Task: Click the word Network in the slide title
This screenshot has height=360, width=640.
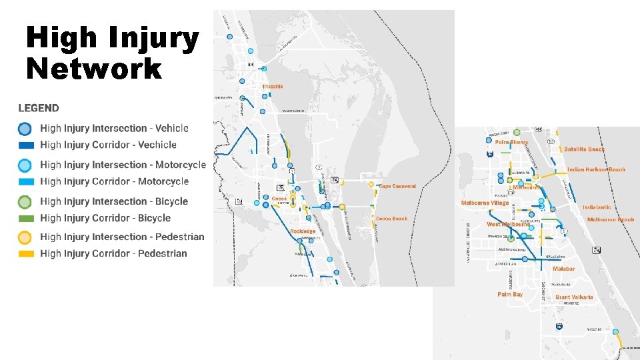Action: (x=93, y=68)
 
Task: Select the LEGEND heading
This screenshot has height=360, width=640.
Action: (x=39, y=108)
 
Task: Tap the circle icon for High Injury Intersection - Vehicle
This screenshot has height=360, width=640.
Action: (x=25, y=129)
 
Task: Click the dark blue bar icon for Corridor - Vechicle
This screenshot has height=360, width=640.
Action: (x=25, y=145)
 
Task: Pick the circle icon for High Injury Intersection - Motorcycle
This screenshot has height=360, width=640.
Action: (x=25, y=165)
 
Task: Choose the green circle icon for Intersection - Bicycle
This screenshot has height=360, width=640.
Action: (x=25, y=202)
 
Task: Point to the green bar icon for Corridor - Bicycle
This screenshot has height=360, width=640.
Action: (x=25, y=218)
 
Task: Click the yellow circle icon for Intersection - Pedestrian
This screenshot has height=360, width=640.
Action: (x=25, y=237)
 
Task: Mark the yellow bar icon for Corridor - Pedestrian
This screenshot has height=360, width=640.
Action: (x=25, y=253)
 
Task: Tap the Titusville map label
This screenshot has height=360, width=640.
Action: (x=273, y=87)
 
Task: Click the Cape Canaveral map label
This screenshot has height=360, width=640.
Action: (x=397, y=187)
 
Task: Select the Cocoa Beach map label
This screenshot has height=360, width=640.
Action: (x=391, y=219)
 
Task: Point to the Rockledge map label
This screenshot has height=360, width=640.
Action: (x=303, y=231)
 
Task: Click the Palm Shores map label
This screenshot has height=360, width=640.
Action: (x=511, y=142)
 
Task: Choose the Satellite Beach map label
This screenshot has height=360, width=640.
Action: (x=585, y=149)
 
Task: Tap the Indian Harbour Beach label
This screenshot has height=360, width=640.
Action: (x=597, y=169)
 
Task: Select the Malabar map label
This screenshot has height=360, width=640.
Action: (x=563, y=269)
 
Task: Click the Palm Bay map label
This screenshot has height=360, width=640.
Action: (x=510, y=294)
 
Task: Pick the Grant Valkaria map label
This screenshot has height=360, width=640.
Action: (x=574, y=297)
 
